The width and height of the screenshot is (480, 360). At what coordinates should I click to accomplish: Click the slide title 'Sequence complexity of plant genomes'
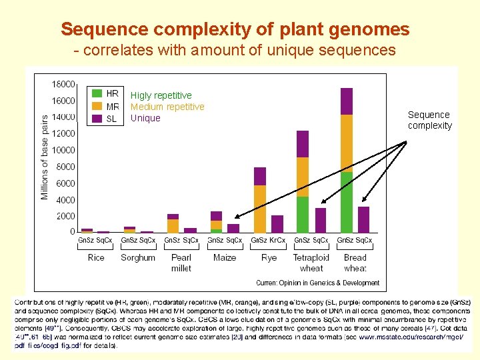click(235, 29)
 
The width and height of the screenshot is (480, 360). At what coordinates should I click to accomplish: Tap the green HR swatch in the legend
click(97, 94)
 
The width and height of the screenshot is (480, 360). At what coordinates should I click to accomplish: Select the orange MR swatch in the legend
click(97, 107)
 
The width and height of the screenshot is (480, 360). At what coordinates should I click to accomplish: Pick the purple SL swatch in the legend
click(97, 119)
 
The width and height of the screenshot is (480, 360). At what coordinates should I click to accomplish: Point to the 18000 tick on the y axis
click(63, 84)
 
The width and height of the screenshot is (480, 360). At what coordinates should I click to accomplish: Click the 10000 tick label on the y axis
click(63, 150)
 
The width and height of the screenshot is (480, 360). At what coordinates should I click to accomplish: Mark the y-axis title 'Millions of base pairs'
click(45, 157)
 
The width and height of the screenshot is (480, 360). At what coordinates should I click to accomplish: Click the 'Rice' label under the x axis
click(96, 257)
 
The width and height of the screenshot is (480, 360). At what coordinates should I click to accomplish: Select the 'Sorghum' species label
click(138, 257)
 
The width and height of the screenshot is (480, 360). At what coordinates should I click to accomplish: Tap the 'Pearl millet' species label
click(181, 263)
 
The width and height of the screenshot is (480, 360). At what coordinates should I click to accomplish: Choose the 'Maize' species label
click(225, 257)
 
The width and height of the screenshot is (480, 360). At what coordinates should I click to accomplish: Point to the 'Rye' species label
click(269, 257)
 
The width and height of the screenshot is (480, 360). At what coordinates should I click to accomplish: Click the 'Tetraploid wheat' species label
click(311, 263)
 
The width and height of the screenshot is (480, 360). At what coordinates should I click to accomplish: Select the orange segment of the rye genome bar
click(260, 208)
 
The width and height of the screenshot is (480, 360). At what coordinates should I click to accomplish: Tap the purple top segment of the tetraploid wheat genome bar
click(303, 144)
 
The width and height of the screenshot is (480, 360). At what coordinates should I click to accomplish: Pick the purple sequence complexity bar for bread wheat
click(363, 219)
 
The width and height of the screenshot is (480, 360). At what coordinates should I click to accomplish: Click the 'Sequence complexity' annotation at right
click(429, 120)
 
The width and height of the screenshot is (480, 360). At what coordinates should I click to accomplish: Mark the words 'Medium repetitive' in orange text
click(167, 107)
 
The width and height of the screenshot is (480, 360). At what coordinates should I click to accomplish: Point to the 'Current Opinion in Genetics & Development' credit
click(317, 283)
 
